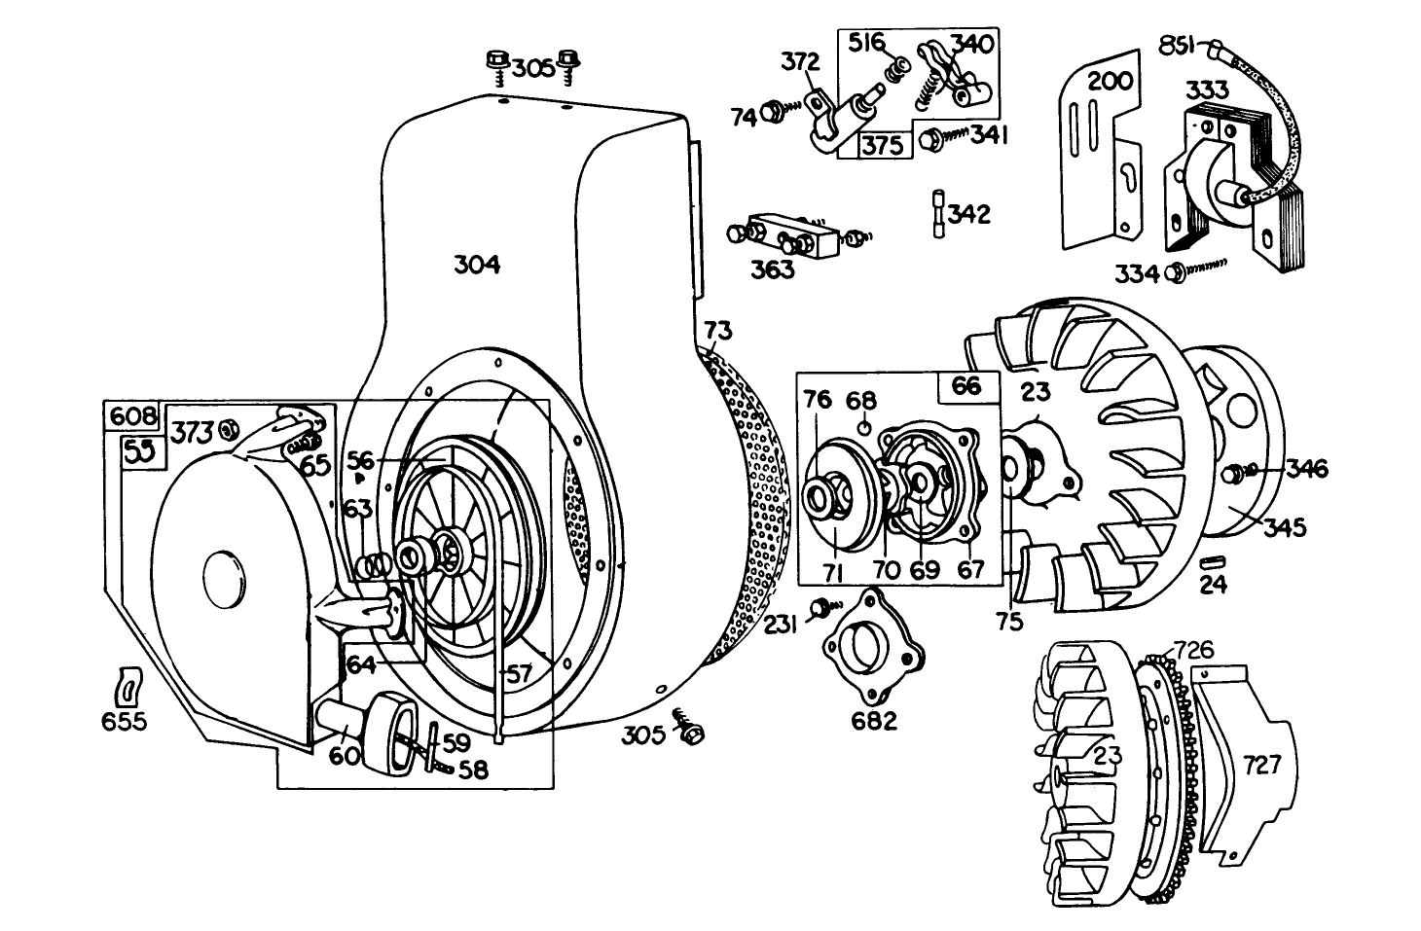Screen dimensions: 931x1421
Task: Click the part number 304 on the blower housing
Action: click(477, 264)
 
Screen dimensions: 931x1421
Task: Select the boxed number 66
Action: click(966, 385)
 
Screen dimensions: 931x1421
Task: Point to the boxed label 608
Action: click(132, 416)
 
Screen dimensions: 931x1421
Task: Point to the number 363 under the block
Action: click(772, 269)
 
